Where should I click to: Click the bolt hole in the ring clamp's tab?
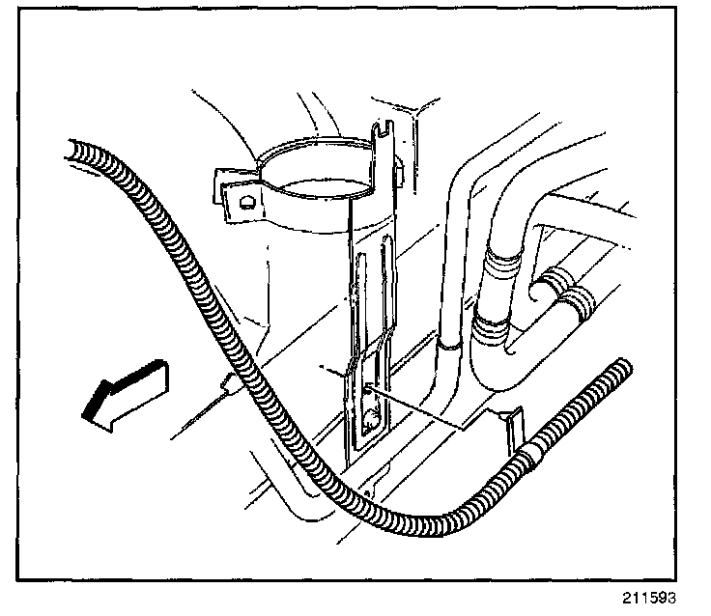(246, 202)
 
